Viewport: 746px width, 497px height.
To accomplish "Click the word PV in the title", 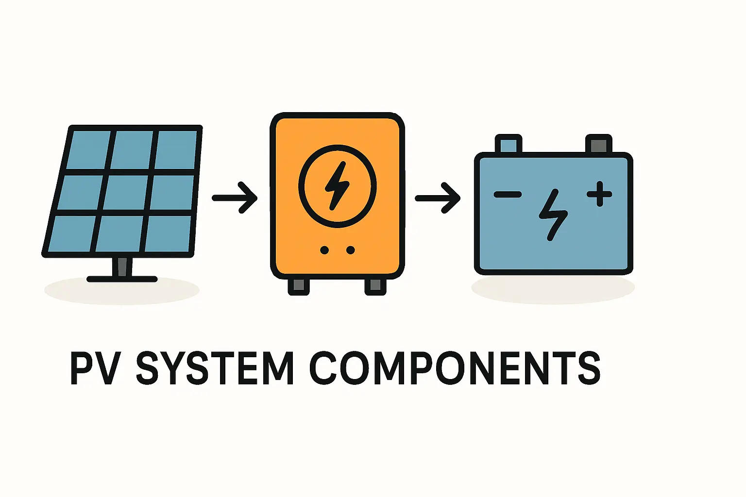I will coord(95,368).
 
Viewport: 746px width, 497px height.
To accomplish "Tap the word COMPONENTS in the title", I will coord(455,368).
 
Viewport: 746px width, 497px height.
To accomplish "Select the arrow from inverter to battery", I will coord(438,198).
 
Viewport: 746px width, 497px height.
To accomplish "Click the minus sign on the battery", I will coord(508,195).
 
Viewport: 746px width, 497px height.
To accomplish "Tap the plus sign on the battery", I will coord(599,194).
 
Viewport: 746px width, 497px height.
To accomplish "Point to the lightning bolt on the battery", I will coord(553,215).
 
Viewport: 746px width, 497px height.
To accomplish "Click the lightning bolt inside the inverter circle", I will coord(337,186).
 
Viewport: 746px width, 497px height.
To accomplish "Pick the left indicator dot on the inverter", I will coord(324,250).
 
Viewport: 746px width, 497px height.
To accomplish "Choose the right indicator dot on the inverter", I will coord(351,250).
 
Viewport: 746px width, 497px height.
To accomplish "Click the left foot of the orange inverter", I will coord(299,286).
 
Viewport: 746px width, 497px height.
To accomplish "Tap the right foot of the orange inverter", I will coord(375,286).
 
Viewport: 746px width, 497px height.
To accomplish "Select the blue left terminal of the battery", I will coord(509,144).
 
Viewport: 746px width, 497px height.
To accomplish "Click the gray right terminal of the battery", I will coord(599,144).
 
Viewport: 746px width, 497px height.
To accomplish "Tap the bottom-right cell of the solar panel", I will coord(168,233).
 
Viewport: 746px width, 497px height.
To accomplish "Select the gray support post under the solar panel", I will coord(122,266).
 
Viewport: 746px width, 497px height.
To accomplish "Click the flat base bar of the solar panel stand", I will coord(122,279).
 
